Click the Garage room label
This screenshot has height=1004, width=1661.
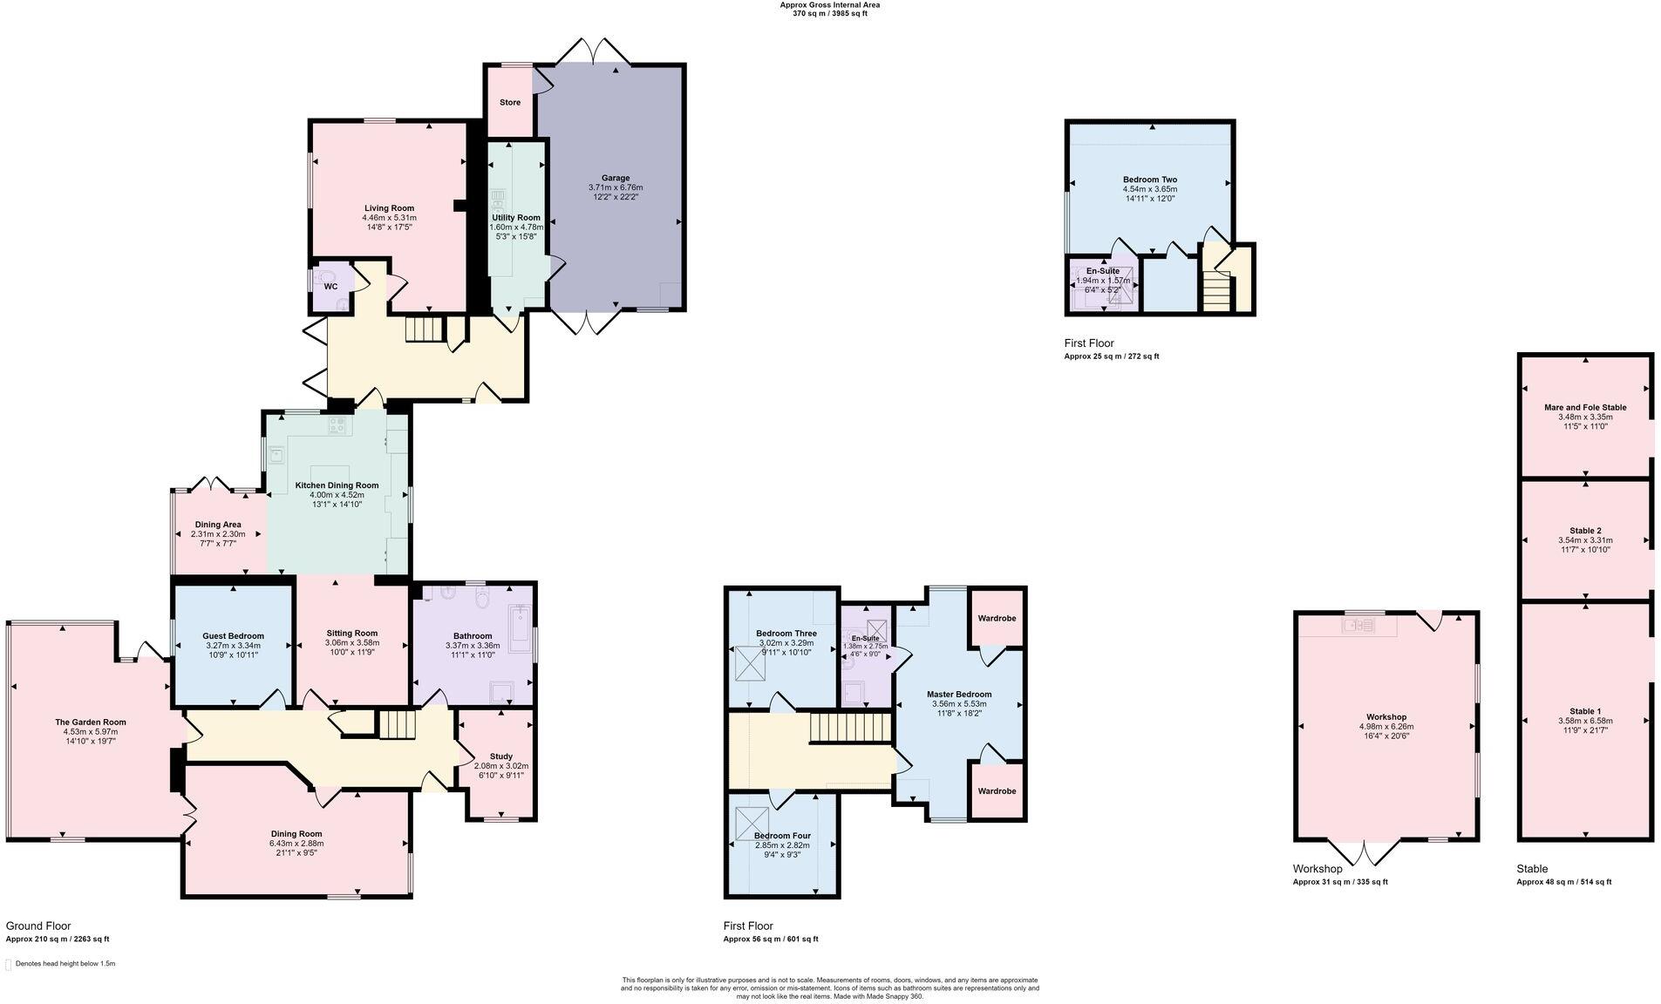615,178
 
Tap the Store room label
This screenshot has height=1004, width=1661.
510,103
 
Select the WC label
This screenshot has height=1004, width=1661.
330,287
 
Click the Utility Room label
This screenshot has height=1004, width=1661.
516,218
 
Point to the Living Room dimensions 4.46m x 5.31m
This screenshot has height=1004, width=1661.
390,218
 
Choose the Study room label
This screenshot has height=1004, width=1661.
500,756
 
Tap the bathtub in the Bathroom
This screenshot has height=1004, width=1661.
519,628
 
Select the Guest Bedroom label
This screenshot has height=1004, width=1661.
233,636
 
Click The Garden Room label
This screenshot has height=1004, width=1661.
91,722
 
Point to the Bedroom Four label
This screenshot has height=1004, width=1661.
782,836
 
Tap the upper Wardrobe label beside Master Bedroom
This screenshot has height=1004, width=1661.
997,618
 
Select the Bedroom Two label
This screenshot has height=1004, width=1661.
1149,180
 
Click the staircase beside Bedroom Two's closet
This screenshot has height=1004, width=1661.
1218,292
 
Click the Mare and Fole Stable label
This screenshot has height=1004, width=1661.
1585,407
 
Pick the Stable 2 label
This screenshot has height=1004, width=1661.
1585,531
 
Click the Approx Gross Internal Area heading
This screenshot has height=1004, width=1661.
829,5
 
